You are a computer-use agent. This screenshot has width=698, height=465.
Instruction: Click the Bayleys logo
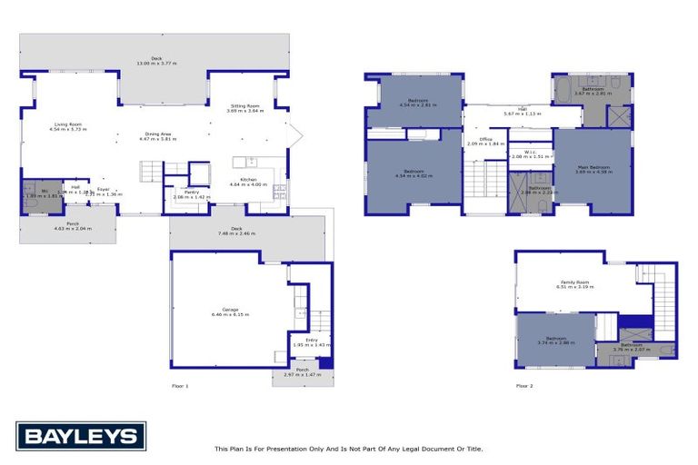[x=81, y=436]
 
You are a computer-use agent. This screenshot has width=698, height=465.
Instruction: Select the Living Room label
[x=67, y=126]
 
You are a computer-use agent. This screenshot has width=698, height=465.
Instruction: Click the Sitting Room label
[x=245, y=108]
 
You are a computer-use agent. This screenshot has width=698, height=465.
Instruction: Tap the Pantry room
[x=191, y=194]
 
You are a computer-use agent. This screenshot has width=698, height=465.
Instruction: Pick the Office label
[x=485, y=141]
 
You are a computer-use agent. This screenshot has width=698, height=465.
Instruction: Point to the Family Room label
[x=574, y=283]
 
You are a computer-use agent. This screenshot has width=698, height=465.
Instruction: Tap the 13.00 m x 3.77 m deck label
[x=155, y=61]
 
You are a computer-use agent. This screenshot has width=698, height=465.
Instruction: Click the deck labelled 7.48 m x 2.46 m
[x=235, y=231]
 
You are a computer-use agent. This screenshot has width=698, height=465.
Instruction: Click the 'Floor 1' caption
[x=180, y=386]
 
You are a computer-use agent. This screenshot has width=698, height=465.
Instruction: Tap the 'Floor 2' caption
[x=524, y=386]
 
